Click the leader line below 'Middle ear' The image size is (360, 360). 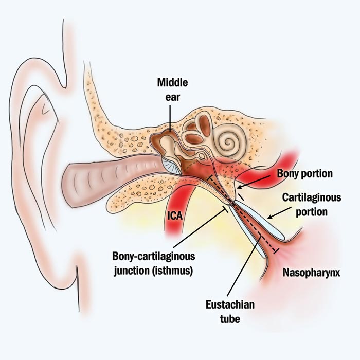click(170, 116)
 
